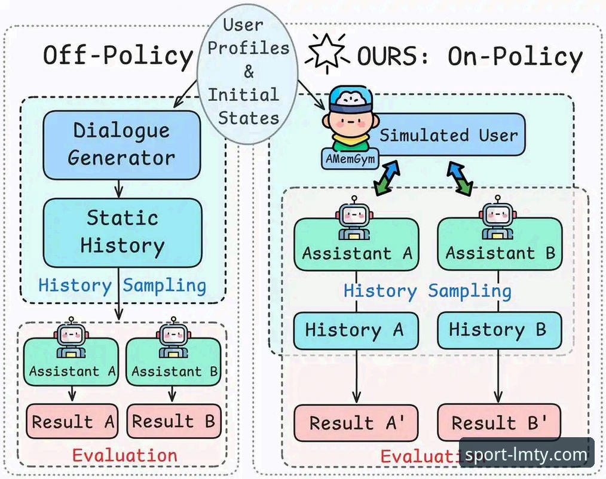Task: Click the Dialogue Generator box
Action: (x=122, y=145)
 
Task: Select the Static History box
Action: (x=122, y=233)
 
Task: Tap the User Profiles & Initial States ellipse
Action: (x=247, y=73)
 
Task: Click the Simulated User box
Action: (x=445, y=135)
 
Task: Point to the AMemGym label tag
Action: (x=350, y=159)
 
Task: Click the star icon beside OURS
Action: (x=327, y=53)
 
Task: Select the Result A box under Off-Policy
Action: (x=72, y=422)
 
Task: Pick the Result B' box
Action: (x=499, y=422)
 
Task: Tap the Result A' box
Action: (x=356, y=422)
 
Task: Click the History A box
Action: (x=356, y=331)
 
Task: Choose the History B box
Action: (x=500, y=331)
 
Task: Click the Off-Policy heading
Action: (x=118, y=55)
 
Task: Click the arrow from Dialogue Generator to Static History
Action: (x=119, y=189)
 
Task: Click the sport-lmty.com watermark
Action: (x=527, y=455)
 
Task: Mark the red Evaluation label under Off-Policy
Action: (x=125, y=456)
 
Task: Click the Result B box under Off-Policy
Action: (x=173, y=422)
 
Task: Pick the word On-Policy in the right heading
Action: (x=515, y=56)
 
